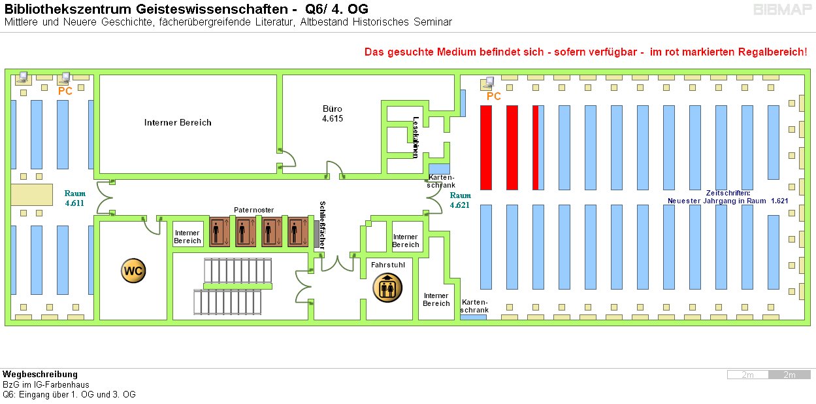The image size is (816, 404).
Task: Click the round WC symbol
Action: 133,271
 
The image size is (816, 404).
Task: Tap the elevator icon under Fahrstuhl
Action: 387,288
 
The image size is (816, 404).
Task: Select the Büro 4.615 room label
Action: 332,114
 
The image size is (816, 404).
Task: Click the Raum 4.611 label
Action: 74,198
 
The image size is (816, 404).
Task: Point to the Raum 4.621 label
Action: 460,200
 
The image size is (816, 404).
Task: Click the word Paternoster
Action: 253,210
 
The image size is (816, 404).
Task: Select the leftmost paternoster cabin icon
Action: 218,232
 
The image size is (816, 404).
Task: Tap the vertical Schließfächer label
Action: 322,224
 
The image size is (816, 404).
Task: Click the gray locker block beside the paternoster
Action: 316,233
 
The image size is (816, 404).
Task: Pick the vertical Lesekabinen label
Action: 416,137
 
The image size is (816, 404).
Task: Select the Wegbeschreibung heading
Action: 40,375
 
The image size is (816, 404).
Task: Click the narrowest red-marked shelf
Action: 536,147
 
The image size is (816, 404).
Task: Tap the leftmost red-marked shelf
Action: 486,147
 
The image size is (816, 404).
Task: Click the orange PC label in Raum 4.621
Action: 494,96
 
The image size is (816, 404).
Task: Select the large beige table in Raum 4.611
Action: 31,195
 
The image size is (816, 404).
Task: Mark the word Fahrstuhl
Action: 388,265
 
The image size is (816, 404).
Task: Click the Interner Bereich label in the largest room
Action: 178,122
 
